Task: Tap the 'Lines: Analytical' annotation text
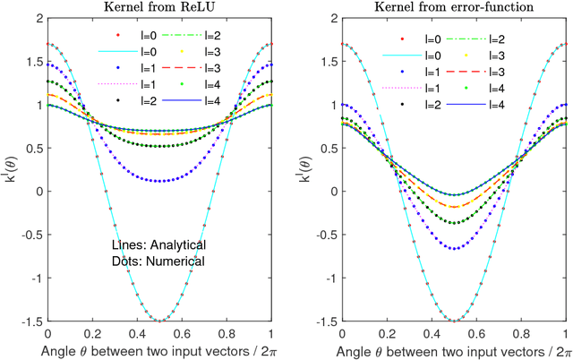coord(158,244)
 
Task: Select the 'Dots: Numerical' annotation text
coord(158,261)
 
